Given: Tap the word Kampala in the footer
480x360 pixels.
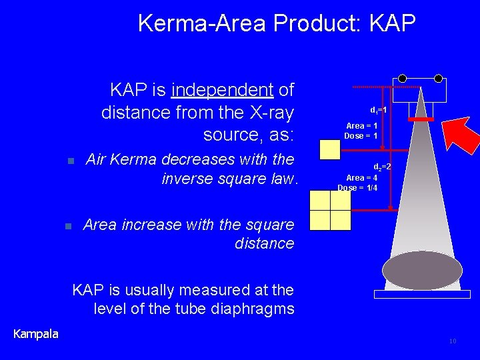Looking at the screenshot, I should pyautogui.click(x=36, y=333).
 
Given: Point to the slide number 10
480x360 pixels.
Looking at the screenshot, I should pyautogui.click(x=453, y=341).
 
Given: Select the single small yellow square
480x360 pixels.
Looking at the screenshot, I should pyautogui.click(x=330, y=150).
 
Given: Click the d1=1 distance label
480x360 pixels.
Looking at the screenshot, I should pyautogui.click(x=379, y=109).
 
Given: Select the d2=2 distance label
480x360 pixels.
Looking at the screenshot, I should pyautogui.click(x=382, y=167).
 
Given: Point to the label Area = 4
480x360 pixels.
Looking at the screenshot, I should pyautogui.click(x=361, y=177).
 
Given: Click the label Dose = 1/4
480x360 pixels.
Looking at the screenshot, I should pyautogui.click(x=357, y=187).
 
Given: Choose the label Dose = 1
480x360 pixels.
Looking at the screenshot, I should pyautogui.click(x=361, y=136).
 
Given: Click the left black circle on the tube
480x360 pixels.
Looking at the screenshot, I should pyautogui.click(x=403, y=78).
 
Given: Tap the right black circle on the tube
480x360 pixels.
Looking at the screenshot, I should pyautogui.click(x=438, y=78).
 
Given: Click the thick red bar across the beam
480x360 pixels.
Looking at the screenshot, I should pyautogui.click(x=421, y=119).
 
